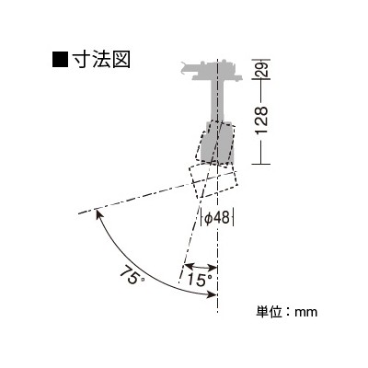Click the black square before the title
point(60,60)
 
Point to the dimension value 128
point(262,121)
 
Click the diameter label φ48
point(217,218)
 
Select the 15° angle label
point(200,280)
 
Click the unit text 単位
point(269,312)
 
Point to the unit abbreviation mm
point(306,313)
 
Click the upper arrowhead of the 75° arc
point(99,213)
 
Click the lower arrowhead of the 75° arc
point(212,294)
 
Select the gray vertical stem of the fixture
point(217,100)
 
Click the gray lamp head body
point(217,142)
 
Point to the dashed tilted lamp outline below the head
point(213,181)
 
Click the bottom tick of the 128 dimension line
point(260,164)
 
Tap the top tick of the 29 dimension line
point(260,59)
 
